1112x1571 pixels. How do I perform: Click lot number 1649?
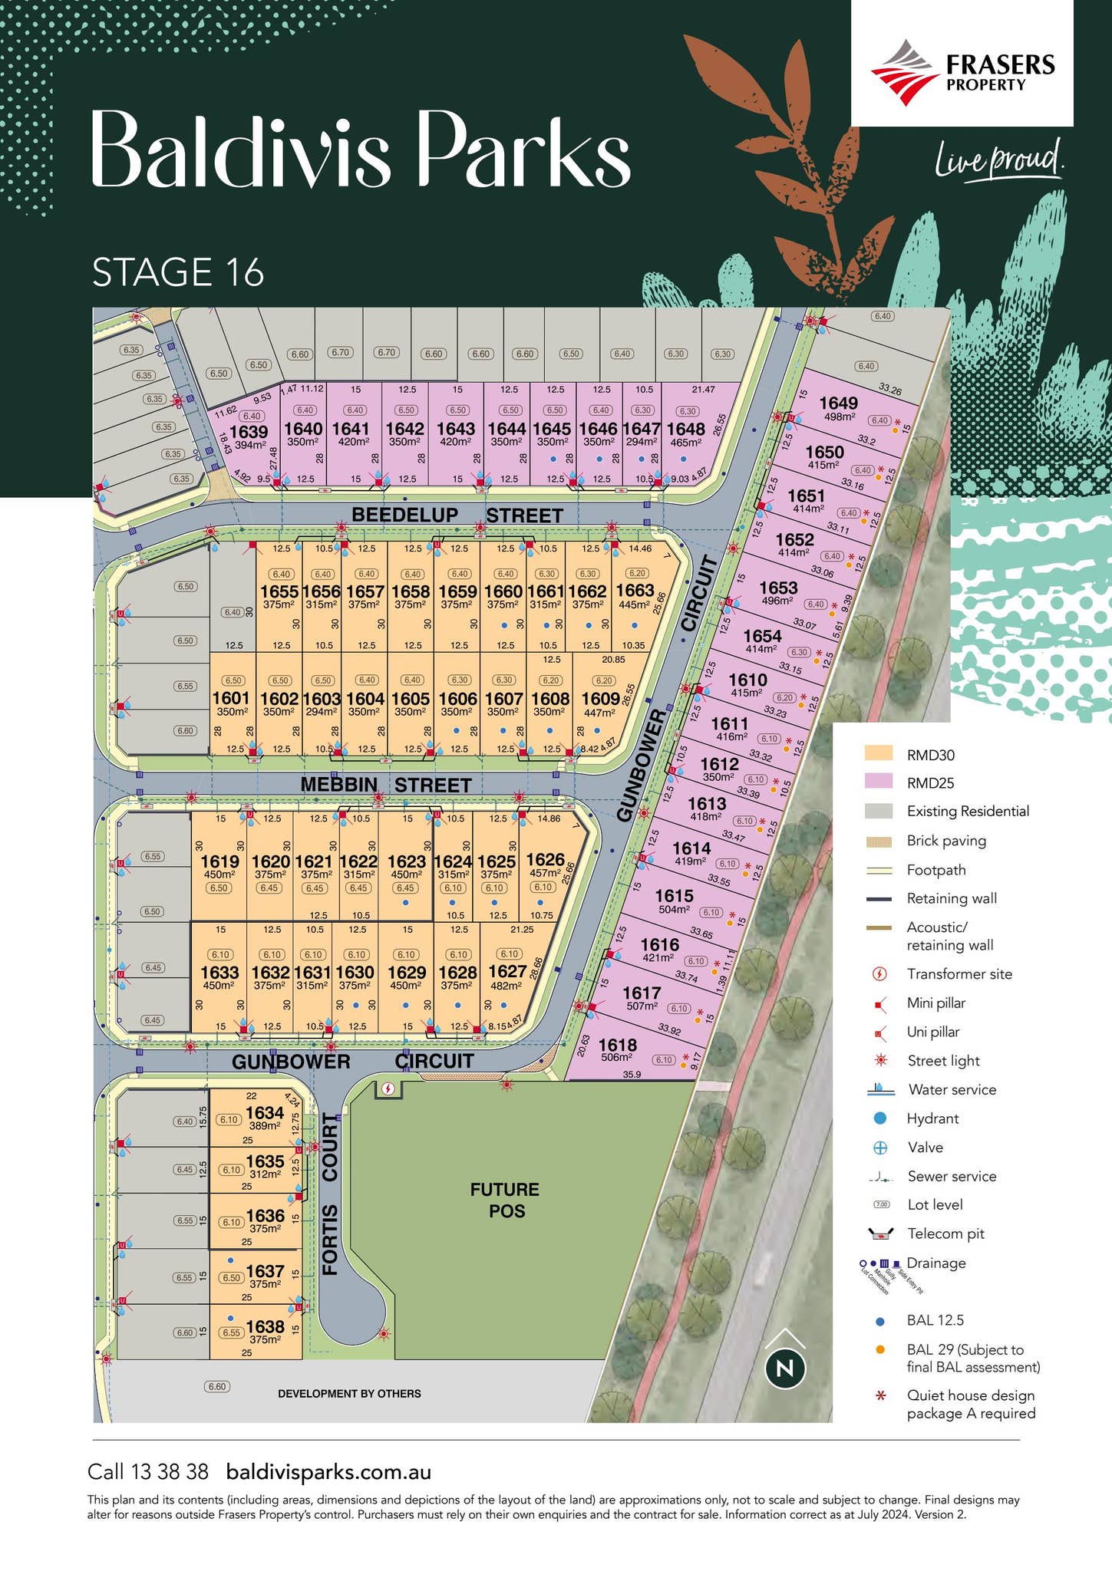(x=838, y=403)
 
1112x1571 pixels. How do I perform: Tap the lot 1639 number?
(x=249, y=433)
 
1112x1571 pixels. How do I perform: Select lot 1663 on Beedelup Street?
(x=635, y=590)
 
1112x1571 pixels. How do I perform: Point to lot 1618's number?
(x=617, y=1045)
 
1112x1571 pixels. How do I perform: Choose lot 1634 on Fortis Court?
(x=265, y=1113)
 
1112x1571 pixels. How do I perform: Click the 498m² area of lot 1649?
(x=840, y=417)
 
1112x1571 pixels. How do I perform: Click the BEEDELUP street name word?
(x=404, y=515)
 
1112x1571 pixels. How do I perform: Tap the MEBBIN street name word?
(x=338, y=785)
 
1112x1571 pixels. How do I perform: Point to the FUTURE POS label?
(x=505, y=1200)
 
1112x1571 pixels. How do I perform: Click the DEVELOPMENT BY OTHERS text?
(x=349, y=1394)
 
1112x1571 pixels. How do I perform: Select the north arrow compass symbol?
(x=785, y=1367)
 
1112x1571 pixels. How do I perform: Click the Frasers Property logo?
(x=962, y=73)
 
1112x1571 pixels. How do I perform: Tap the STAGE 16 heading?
(x=178, y=272)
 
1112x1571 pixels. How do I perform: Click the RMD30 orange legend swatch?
(x=878, y=753)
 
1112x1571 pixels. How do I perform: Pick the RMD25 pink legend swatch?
(x=878, y=782)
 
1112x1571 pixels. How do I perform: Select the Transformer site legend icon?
(x=880, y=974)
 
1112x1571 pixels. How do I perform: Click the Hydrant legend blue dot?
(x=880, y=1118)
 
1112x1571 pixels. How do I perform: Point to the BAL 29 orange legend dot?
(x=880, y=1349)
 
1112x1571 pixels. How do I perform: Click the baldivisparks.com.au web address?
(x=328, y=1472)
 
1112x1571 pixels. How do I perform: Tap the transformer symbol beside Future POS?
(x=388, y=1089)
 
